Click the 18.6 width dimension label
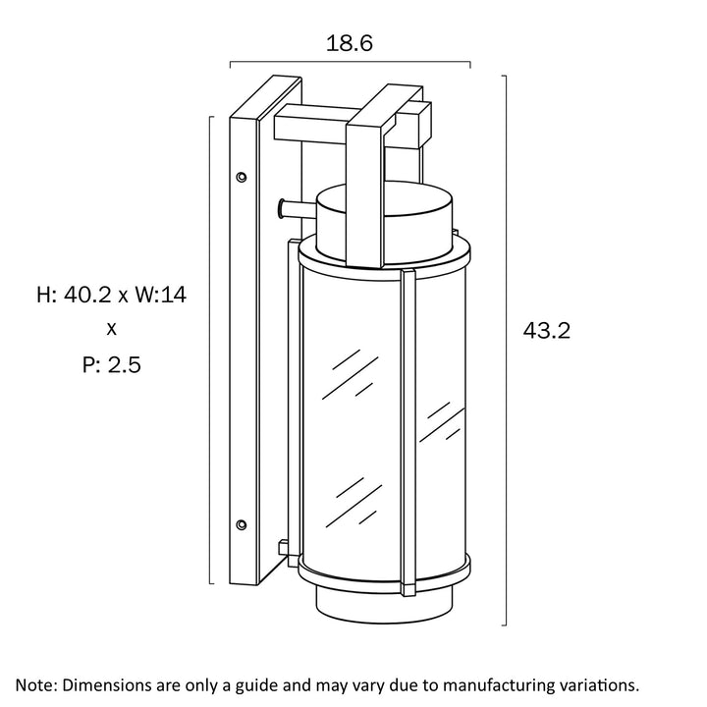350,43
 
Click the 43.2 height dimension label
546,331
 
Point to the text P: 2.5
111,365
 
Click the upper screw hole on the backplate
242,178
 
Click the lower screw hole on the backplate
242,524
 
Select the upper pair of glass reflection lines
352,371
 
